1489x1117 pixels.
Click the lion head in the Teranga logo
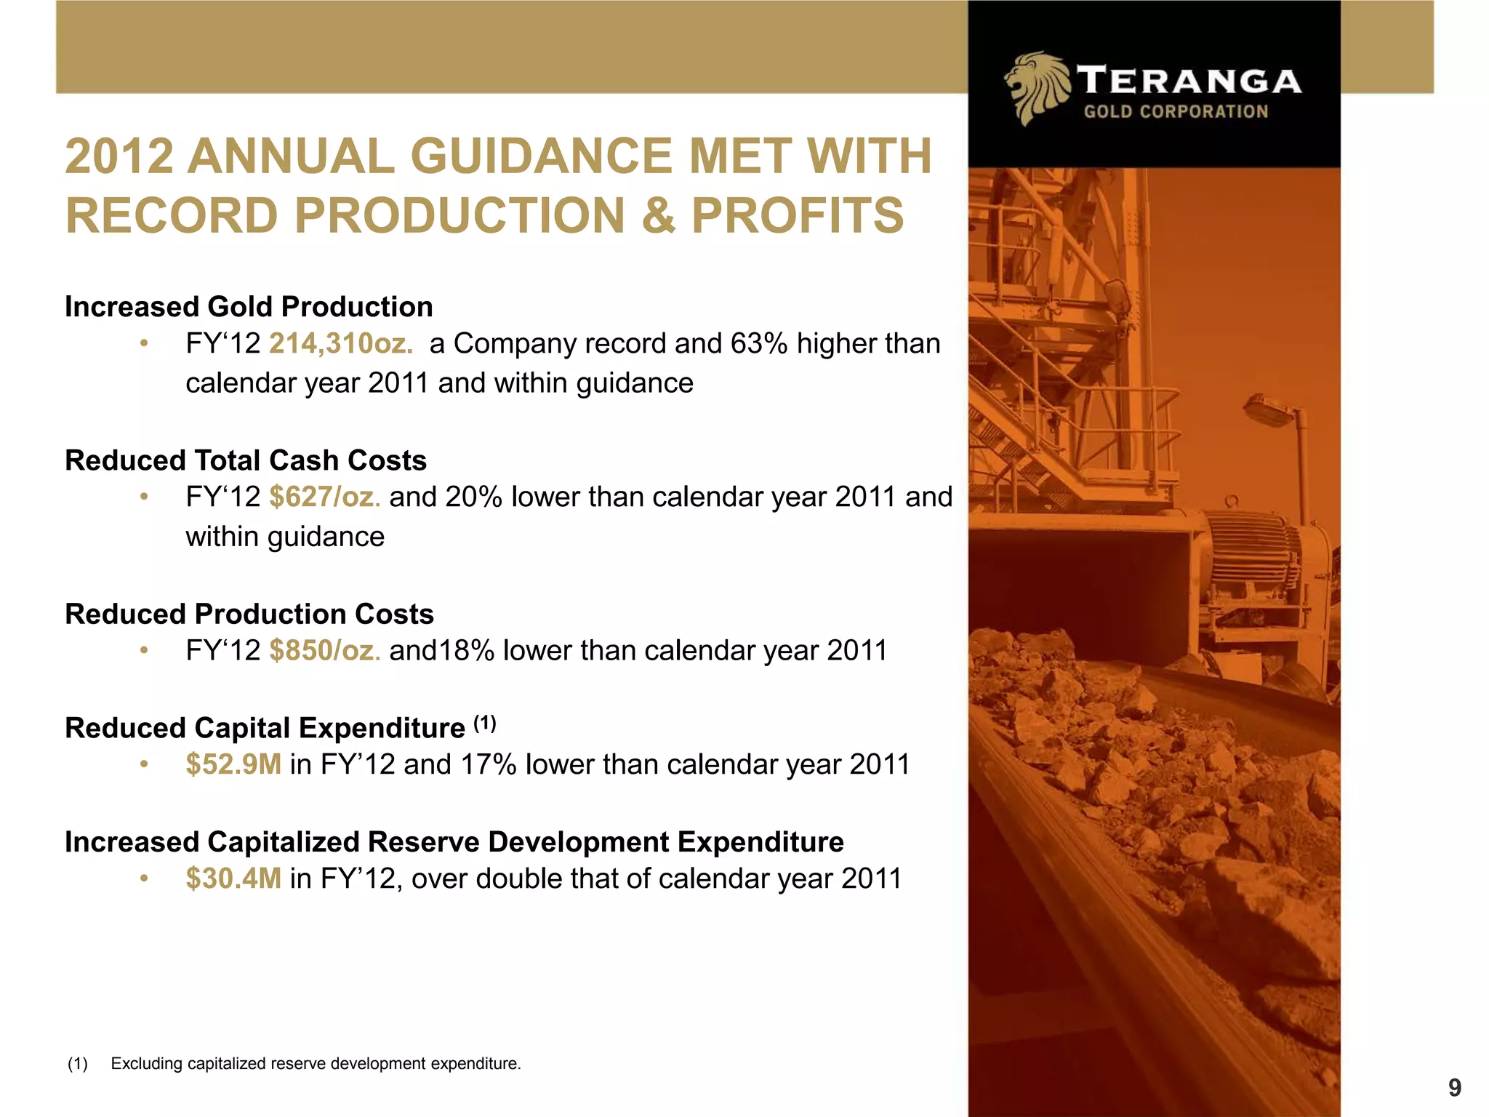tap(1035, 87)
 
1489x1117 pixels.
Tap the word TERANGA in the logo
tap(1189, 81)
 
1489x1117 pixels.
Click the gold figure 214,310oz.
tap(340, 343)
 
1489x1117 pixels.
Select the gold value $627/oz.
tap(324, 497)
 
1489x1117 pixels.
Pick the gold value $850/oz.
tap(324, 650)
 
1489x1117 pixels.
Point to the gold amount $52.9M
tap(233, 764)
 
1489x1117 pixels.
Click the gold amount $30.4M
tap(233, 878)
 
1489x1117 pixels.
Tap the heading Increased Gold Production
tap(249, 307)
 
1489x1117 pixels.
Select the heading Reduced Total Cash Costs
tap(246, 460)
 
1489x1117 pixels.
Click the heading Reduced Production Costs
tap(249, 614)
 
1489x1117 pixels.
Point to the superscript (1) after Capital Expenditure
tap(485, 723)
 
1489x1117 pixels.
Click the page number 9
tap(1454, 1088)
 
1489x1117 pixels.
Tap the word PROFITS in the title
tap(797, 215)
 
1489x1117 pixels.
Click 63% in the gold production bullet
tap(759, 343)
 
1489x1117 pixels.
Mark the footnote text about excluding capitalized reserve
tap(316, 1063)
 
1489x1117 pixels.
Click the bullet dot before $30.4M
tap(145, 879)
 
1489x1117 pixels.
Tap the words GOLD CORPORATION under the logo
tap(1176, 112)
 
